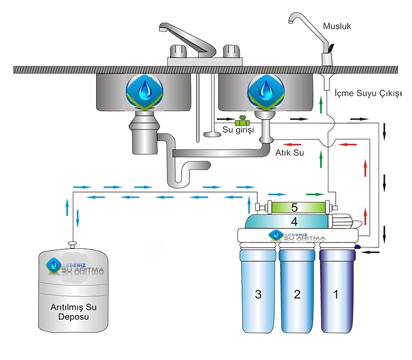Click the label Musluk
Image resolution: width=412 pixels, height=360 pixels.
(337, 26)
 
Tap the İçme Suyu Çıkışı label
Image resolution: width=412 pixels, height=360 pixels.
(367, 93)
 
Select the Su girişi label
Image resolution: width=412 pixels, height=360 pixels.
(238, 130)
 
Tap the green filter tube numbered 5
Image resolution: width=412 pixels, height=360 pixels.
(295, 207)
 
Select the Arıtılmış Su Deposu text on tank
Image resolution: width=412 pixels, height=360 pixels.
(74, 309)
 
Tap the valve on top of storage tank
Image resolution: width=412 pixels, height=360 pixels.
(73, 243)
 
